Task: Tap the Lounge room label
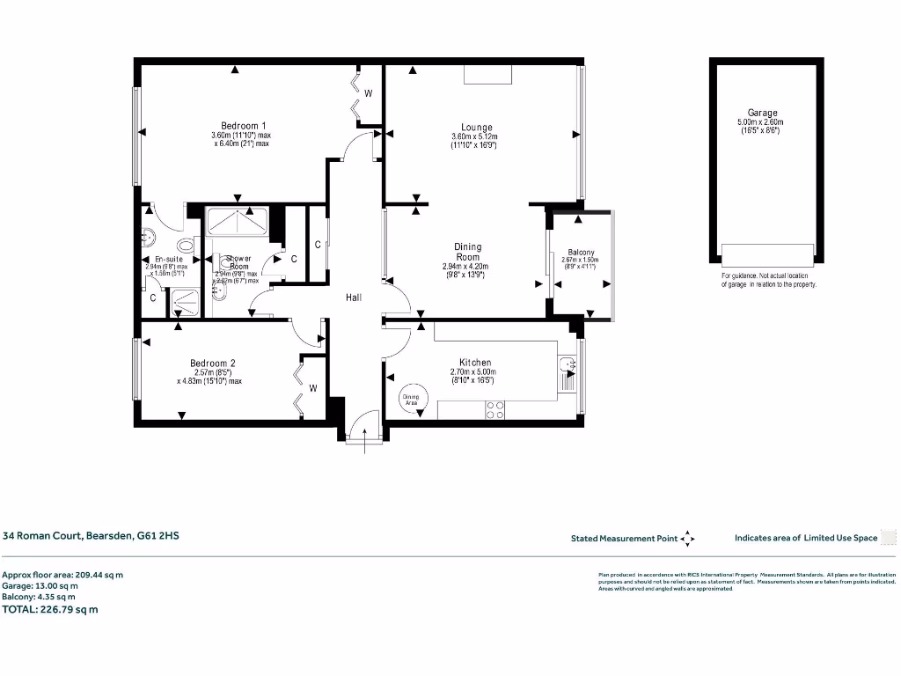[x=476, y=128]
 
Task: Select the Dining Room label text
[x=467, y=253]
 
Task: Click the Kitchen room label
[x=475, y=363]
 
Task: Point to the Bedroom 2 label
[x=212, y=363]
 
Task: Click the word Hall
[x=354, y=298]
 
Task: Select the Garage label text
[x=762, y=113]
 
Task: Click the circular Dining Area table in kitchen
[x=412, y=399]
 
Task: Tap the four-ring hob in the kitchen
[x=495, y=408]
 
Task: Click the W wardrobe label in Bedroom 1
[x=369, y=93]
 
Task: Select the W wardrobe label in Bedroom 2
[x=312, y=387]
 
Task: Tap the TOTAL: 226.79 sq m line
[x=51, y=608]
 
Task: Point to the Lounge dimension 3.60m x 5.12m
[x=474, y=137]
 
